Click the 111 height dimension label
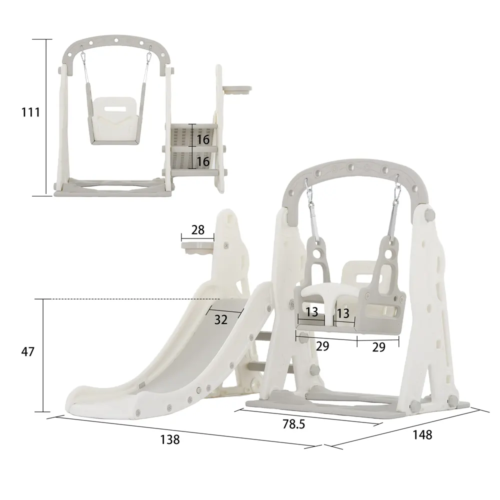(x=30, y=112)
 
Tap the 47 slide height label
(x=27, y=351)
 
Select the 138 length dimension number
(x=170, y=439)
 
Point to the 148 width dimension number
(x=422, y=435)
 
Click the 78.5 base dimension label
(x=293, y=424)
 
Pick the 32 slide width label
(x=220, y=319)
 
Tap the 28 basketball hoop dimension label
(x=197, y=230)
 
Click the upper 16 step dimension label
(x=203, y=139)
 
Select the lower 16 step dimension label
(x=203, y=161)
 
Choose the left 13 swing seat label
(x=311, y=312)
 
